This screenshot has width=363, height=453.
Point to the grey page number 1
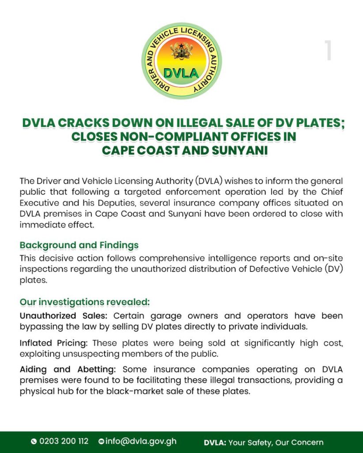coord(328,51)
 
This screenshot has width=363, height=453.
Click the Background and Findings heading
coord(79,245)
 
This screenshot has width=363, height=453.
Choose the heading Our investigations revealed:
coord(85,302)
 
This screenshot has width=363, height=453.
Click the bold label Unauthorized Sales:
coord(65,316)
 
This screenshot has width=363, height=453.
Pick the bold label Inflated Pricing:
coord(54,343)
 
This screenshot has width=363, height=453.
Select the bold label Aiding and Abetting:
coord(69,369)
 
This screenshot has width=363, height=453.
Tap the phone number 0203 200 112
coord(64,441)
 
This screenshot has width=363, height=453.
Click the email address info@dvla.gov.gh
coord(141,441)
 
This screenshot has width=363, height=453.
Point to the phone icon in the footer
coord(34,441)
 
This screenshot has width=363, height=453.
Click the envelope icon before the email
coord(101,441)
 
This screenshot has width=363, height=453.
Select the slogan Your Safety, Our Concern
coord(276,442)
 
